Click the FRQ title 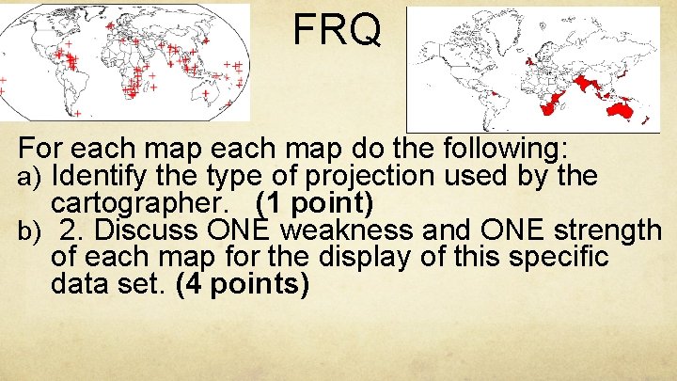click(338, 30)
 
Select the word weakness click(346, 230)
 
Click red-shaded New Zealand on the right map click(646, 119)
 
